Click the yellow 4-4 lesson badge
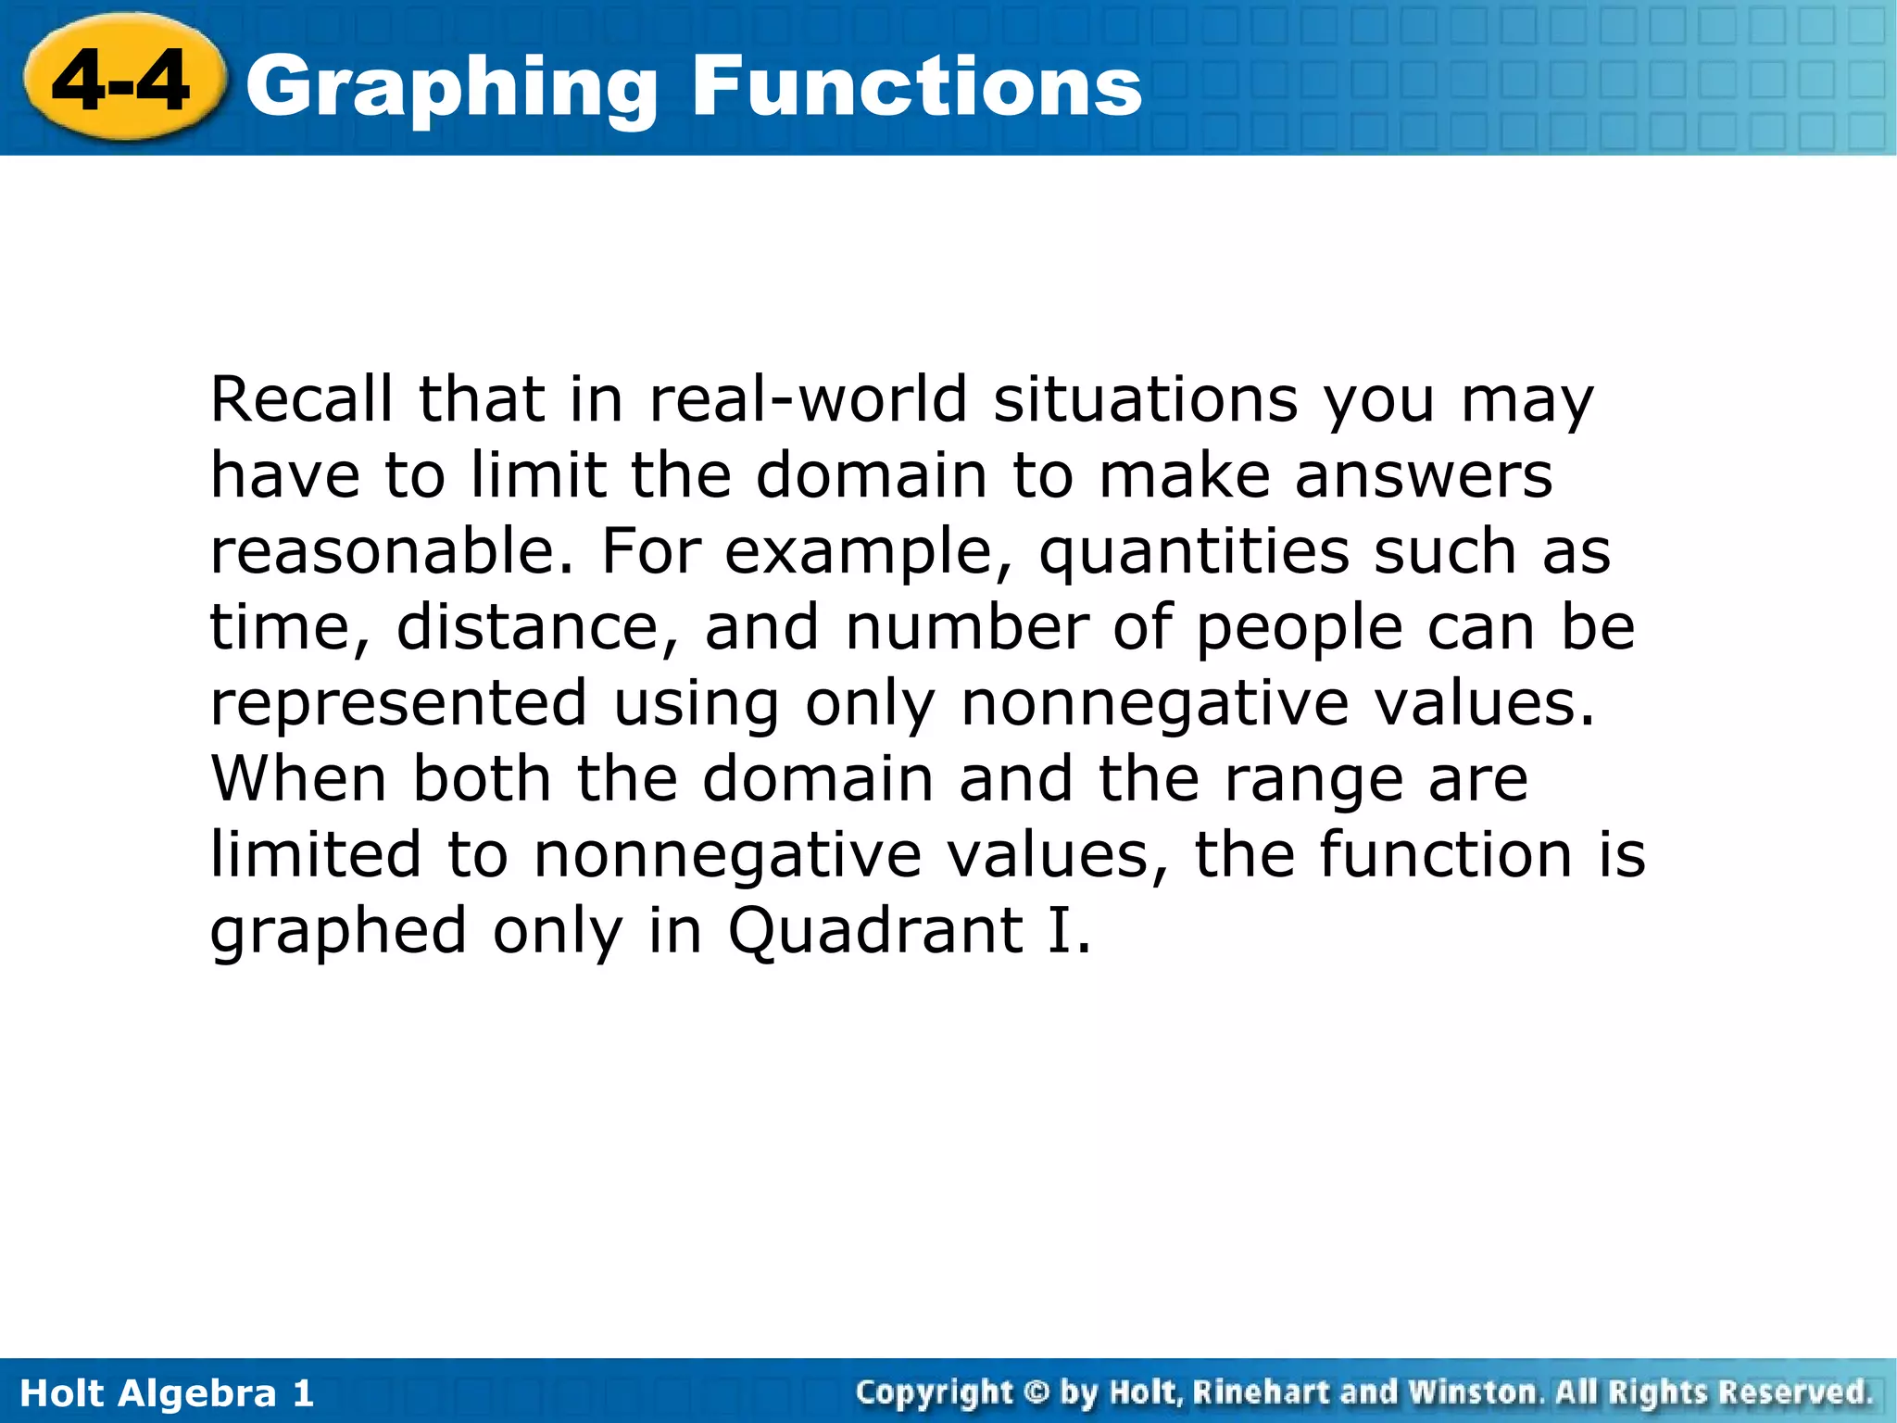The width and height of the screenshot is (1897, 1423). (122, 82)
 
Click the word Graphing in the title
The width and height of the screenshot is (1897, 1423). (451, 89)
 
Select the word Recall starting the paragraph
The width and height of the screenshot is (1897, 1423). (302, 400)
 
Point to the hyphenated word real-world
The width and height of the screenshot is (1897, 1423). (808, 400)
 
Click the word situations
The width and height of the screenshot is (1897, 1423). (1145, 400)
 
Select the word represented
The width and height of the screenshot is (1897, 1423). (398, 704)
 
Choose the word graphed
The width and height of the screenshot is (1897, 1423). (338, 932)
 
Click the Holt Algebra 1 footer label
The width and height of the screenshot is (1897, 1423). (167, 1393)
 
